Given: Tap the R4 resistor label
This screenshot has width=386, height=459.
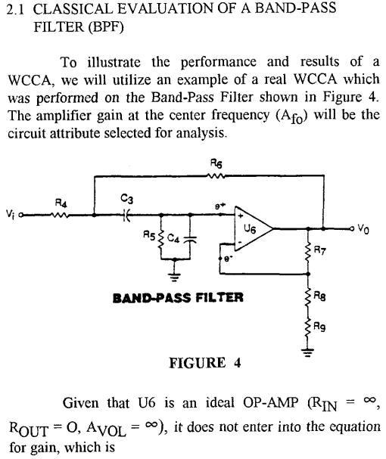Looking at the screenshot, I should [x=63, y=202].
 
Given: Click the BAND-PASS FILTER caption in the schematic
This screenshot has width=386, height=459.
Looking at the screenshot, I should [x=178, y=297].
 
